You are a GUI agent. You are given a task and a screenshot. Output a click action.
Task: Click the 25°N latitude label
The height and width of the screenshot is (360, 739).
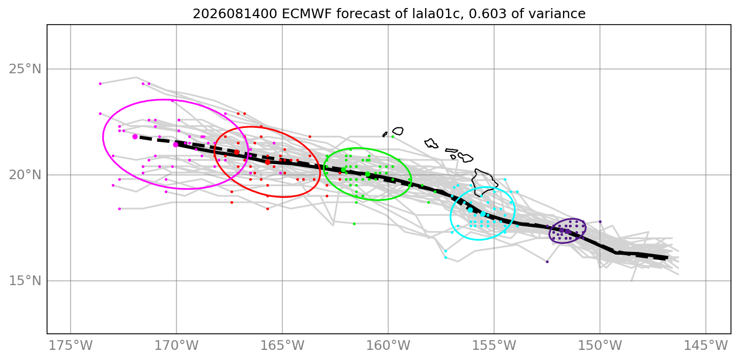pos(25,70)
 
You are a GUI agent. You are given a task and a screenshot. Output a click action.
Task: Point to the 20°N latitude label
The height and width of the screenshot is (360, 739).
pos(25,175)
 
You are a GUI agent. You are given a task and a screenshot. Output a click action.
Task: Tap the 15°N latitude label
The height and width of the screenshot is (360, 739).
pos(25,281)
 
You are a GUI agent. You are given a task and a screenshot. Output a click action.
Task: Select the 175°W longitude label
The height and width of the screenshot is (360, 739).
pos(71,346)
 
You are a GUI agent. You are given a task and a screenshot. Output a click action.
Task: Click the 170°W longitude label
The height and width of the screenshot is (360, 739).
pos(176,346)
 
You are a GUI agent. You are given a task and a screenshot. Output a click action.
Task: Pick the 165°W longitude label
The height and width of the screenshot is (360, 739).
pos(282,346)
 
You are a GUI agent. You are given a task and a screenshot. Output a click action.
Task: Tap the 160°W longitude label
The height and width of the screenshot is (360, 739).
pos(388,346)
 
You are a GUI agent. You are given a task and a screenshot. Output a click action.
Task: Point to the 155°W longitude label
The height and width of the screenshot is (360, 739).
pos(494,346)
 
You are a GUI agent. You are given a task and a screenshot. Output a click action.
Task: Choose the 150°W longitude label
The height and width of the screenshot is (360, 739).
pos(600,346)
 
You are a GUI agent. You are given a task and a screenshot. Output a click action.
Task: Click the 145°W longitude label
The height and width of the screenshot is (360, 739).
pos(706,346)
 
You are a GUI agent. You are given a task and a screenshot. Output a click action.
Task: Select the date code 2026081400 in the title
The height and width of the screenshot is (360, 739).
pos(235,14)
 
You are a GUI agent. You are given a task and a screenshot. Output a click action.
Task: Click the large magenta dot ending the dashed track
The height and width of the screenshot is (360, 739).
pos(135,136)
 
